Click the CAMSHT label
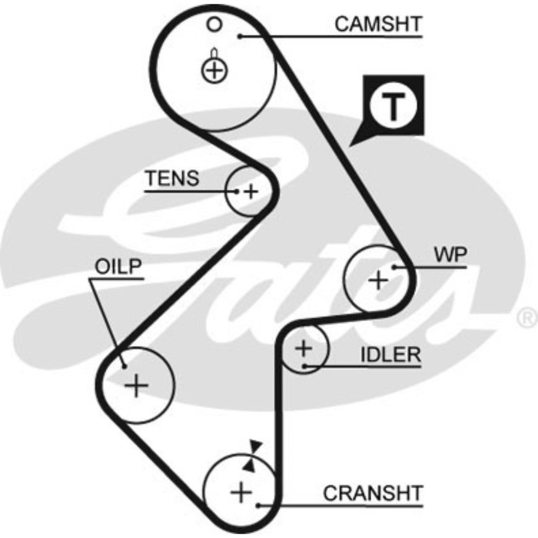378,24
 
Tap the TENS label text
172,179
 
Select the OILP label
119,267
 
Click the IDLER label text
391,354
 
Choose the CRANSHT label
373,493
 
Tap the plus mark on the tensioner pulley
251,190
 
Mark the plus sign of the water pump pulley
377,281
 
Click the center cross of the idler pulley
304,349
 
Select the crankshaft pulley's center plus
241,491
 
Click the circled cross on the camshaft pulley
215,71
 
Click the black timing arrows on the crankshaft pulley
252,456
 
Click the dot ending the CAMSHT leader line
241,35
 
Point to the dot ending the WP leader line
394,267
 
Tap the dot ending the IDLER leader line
305,366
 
